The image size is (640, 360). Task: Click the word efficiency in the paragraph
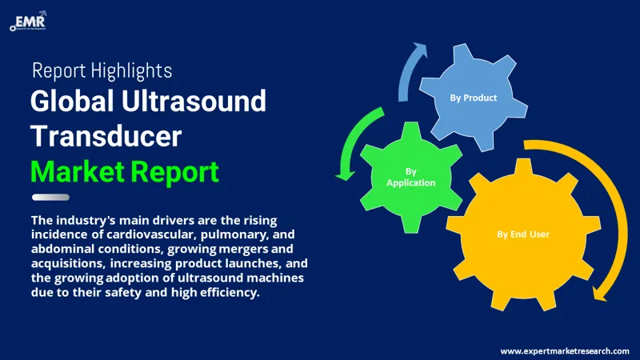234,292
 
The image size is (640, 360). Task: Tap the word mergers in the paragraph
230,249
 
